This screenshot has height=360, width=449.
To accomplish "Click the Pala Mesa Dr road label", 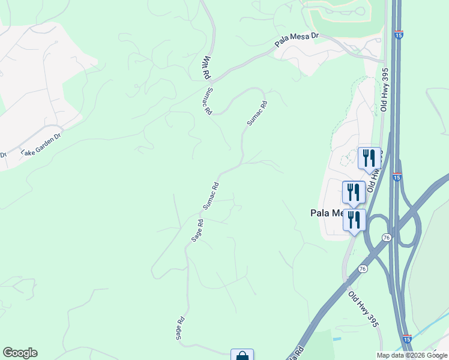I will tap(297, 40).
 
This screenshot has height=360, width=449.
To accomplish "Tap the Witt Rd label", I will tap(206, 68).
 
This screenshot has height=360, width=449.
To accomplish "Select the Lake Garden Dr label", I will tap(41, 144).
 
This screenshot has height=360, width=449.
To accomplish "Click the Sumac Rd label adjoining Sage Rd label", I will tap(210, 195).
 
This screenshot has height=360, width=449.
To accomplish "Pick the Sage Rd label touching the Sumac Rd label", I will tap(197, 230).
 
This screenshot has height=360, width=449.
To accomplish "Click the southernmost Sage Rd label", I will tap(179, 329).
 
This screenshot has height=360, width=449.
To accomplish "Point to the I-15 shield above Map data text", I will tap(407, 340).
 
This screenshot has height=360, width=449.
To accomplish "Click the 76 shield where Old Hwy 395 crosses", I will tap(363, 269).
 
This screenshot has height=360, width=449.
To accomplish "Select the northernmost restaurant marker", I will tap(369, 157).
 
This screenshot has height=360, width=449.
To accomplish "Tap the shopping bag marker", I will tap(242, 355).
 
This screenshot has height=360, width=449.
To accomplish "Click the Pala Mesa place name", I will tap(326, 212).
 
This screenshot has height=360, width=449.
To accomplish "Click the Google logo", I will tap(20, 353).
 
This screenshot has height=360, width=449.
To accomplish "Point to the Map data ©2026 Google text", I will tap(412, 355).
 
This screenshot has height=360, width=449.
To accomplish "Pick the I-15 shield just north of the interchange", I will tap(397, 177).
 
